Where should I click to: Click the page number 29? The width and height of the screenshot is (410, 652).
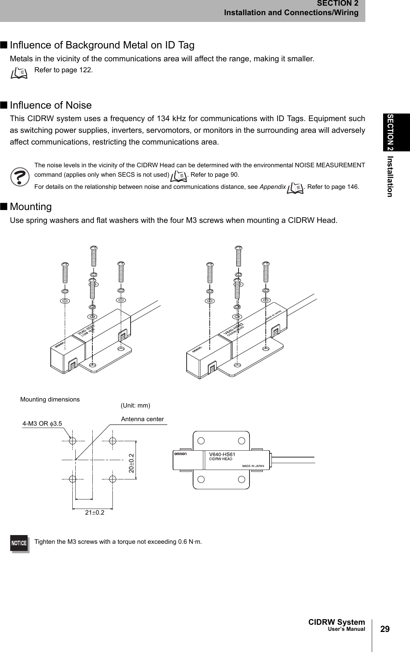(385, 629)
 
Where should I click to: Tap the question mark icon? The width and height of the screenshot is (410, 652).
(20, 177)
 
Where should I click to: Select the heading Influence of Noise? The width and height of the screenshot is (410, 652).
(51, 105)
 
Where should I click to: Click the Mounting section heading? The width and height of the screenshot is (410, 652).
(31, 207)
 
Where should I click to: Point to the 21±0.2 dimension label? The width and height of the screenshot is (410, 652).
(94, 513)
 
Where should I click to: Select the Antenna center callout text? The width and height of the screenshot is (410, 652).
(142, 419)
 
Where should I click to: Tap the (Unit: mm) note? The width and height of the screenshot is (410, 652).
(135, 405)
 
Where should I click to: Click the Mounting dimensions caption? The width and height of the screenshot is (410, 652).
(50, 399)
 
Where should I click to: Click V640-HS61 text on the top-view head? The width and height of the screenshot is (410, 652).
(222, 454)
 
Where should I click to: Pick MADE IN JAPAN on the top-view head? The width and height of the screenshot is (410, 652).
(253, 465)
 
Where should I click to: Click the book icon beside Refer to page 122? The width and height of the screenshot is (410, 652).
(19, 72)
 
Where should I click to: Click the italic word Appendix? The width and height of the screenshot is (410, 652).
(273, 187)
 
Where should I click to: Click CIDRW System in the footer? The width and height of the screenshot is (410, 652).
(337, 622)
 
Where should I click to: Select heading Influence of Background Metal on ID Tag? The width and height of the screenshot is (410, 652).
(102, 45)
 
